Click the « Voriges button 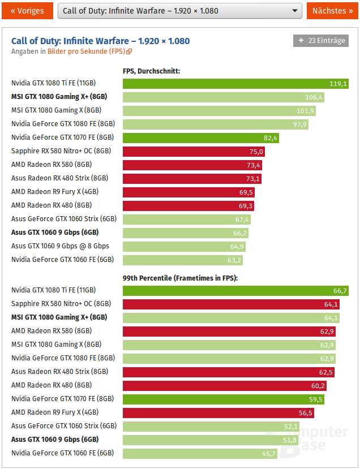tap(27, 11)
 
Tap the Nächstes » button tap(333, 11)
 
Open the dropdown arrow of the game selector tap(295, 11)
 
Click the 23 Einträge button tap(321, 41)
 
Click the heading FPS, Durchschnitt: tap(151, 71)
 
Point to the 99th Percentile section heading tap(180, 278)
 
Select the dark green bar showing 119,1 tap(235, 84)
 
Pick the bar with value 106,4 tap(224, 97)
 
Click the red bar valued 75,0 tap(194, 151)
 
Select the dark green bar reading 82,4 tap(201, 137)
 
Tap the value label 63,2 tap(235, 260)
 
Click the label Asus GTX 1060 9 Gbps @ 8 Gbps tap(60, 246)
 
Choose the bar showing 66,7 tap(235, 291)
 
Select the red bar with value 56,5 tap(218, 412)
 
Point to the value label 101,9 tap(306, 111)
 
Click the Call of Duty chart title tap(100, 41)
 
